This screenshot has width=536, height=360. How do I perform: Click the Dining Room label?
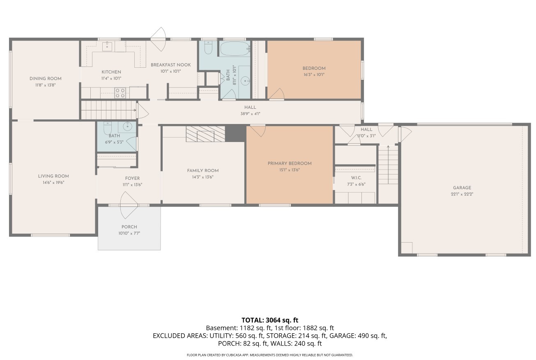(45, 79)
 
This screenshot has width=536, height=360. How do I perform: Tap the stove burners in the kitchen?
(120, 93)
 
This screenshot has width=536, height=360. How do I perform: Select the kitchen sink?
(108, 46)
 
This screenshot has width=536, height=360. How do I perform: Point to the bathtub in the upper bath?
(235, 49)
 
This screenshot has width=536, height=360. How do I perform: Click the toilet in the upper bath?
(208, 48)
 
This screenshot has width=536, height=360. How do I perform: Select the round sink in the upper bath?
(245, 81)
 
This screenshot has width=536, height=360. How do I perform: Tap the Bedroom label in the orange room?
(314, 69)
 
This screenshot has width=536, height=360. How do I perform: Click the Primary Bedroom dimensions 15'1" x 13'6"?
(289, 170)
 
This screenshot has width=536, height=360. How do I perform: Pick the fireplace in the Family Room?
(205, 134)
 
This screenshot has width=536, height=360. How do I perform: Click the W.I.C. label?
(356, 178)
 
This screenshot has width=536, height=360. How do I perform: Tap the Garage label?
(462, 188)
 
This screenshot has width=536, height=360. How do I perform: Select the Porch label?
(129, 227)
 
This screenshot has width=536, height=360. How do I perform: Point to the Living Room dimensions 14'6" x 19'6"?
(53, 183)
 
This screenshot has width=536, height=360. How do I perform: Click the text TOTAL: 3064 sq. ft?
(270, 320)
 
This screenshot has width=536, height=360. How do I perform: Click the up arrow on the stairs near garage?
(388, 147)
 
